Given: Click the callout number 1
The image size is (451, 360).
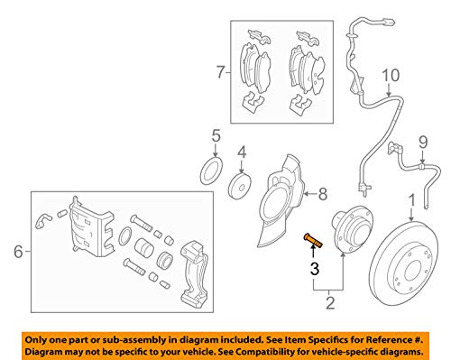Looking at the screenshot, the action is click(x=412, y=200).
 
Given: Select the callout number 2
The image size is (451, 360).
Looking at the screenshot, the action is click(x=330, y=303).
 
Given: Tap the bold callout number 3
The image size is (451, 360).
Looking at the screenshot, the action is click(x=315, y=269).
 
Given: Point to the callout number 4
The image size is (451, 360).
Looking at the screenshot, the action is click(x=242, y=152).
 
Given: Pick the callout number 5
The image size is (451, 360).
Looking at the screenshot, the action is click(x=216, y=135).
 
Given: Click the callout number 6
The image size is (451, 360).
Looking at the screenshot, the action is click(x=18, y=252).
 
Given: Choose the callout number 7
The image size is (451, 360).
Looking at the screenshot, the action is click(x=221, y=72).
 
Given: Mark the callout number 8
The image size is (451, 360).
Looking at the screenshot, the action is click(x=323, y=194).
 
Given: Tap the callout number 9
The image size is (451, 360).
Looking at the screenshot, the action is click(x=423, y=143).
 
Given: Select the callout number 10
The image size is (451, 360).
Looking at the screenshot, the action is click(x=391, y=75).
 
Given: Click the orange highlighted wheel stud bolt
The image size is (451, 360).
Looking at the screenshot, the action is click(x=313, y=241).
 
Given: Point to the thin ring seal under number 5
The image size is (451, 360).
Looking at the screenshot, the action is click(x=212, y=171).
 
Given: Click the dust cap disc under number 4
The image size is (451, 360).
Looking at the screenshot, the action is click(x=240, y=186).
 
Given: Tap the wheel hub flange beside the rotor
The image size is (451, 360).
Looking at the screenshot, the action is click(x=352, y=230).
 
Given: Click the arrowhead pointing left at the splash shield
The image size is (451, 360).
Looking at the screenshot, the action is click(x=307, y=194).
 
